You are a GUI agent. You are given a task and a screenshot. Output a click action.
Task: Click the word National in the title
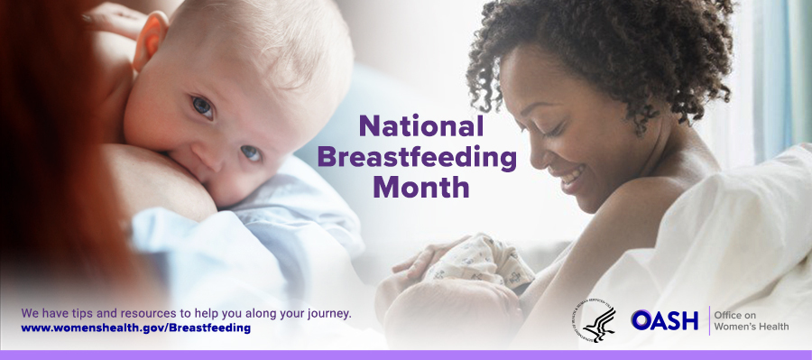[421, 126]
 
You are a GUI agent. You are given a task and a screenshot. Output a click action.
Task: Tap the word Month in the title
[421, 188]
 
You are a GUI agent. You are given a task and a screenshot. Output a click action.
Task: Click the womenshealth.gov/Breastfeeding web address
[135, 328]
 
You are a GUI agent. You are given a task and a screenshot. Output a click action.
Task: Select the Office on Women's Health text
[749, 319]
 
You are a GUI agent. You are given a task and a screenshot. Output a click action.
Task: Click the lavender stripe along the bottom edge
[406, 355]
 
